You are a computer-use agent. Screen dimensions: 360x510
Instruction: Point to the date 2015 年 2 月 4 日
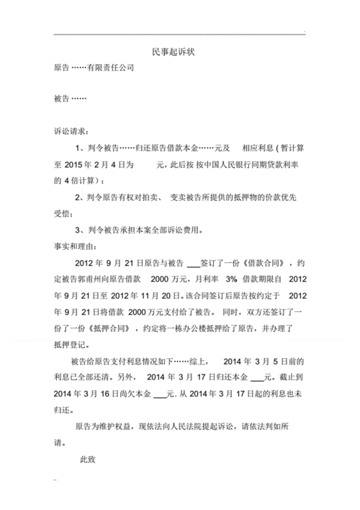coord(104,165)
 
